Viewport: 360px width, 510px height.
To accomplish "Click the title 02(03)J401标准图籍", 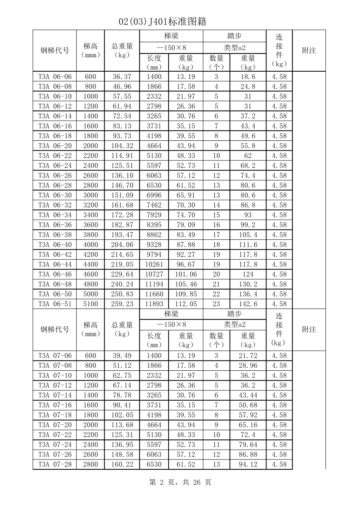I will pyautogui.click(x=163, y=22).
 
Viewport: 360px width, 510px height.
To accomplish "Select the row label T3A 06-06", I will pyautogui.click(x=55, y=77).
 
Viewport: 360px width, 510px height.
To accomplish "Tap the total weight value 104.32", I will pyautogui.click(x=122, y=146).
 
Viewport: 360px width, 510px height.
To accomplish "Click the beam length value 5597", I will pyautogui.click(x=154, y=165).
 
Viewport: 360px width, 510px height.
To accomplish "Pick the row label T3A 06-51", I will pyautogui.click(x=55, y=304).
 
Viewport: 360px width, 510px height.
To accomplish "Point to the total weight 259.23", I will pyautogui.click(x=122, y=304).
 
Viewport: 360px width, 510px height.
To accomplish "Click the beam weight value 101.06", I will pyautogui.click(x=186, y=274).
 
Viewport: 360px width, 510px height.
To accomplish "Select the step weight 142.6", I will pyautogui.click(x=248, y=304).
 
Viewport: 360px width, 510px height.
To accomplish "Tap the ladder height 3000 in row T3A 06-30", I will pyautogui.click(x=91, y=195).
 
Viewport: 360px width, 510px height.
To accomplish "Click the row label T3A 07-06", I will pyautogui.click(x=55, y=356).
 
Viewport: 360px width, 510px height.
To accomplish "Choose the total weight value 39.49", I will pyautogui.click(x=122, y=356).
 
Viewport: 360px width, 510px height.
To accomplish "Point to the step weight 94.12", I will pyautogui.click(x=248, y=464).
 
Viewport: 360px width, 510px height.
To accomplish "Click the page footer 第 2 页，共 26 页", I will pyautogui.click(x=180, y=482).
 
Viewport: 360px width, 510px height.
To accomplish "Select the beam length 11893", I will pyautogui.click(x=154, y=304).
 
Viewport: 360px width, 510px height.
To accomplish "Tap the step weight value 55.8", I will pyautogui.click(x=248, y=146).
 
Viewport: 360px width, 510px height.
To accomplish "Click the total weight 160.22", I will pyautogui.click(x=122, y=464).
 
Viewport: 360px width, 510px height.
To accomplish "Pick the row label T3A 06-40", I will pyautogui.click(x=55, y=245).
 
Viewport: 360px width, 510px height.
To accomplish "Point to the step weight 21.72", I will pyautogui.click(x=248, y=356).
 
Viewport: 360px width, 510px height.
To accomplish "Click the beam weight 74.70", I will pyautogui.click(x=186, y=215).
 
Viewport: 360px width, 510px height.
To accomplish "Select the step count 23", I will pyautogui.click(x=216, y=304).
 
